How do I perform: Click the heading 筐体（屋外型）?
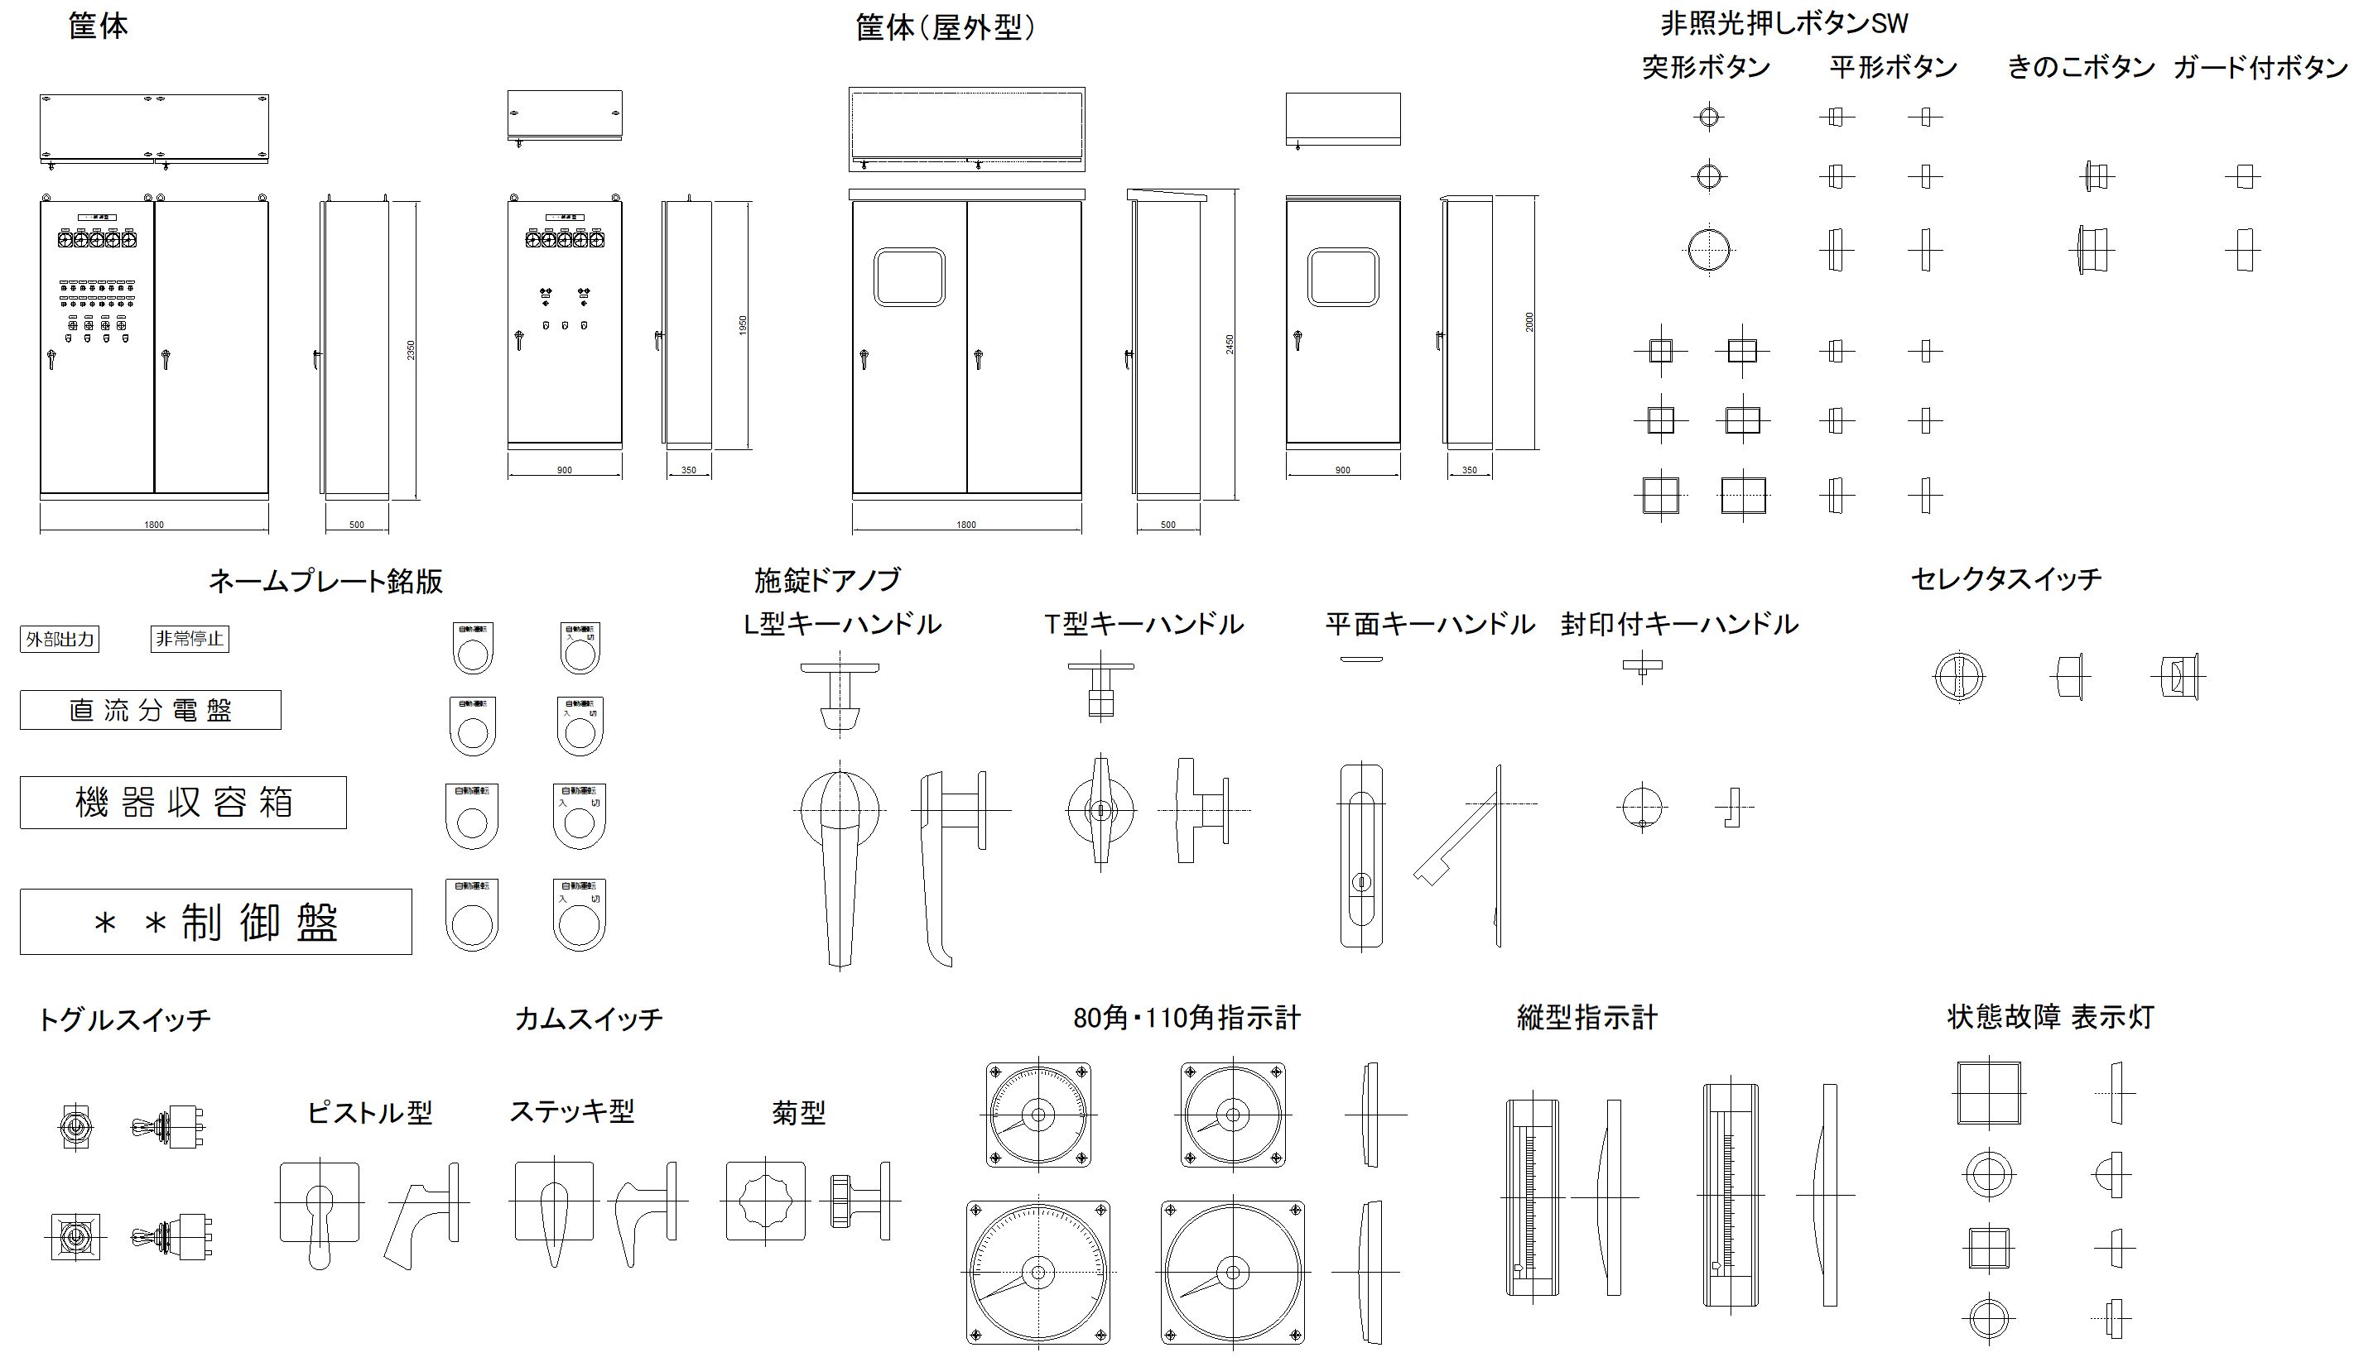pos(945,28)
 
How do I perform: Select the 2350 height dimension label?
pos(411,350)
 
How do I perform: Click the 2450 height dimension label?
pos(1230,344)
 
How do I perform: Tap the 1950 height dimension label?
pos(743,324)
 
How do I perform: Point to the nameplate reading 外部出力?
pos(60,639)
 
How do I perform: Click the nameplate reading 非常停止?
pos(189,639)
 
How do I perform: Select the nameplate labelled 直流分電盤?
pos(150,710)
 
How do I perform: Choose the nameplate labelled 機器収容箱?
pos(184,803)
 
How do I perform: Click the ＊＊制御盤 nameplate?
pos(215,923)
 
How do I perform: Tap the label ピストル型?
pos(369,1112)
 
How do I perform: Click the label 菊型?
pos(798,1112)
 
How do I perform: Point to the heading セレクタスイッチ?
pos(2005,579)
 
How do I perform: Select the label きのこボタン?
pos(2081,67)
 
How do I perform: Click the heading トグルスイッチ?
pos(124,1019)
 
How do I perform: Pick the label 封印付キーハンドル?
pos(1678,624)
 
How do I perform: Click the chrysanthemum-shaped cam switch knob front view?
pos(765,1201)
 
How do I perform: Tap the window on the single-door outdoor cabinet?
pos(1343,277)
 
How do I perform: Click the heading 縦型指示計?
pos(1587,1018)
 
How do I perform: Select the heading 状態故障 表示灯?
pos(2050,1017)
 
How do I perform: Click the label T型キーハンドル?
pos(1143,624)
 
